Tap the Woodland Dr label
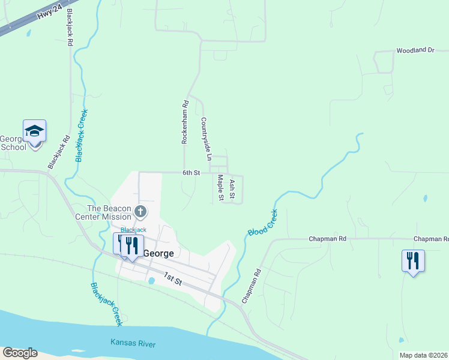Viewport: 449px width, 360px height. (x=414, y=50)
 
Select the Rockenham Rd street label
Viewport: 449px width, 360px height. (x=185, y=122)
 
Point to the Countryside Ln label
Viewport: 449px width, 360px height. (x=206, y=139)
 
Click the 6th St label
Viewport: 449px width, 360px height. (x=191, y=173)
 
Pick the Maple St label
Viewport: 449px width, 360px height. (x=220, y=187)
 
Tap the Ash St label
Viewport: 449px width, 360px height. (x=232, y=189)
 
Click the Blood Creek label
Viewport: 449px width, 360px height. (x=262, y=222)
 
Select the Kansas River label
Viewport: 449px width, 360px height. (x=133, y=344)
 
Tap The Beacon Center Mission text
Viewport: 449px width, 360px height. (x=109, y=212)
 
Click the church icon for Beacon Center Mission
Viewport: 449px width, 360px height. (x=140, y=211)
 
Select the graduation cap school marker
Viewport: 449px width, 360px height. (x=34, y=131)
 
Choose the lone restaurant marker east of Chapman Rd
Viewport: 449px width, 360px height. (x=413, y=261)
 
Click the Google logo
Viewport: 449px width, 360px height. (x=20, y=353)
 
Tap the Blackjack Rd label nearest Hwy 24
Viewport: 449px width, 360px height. (x=70, y=28)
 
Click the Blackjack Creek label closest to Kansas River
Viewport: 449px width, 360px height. (x=106, y=304)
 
